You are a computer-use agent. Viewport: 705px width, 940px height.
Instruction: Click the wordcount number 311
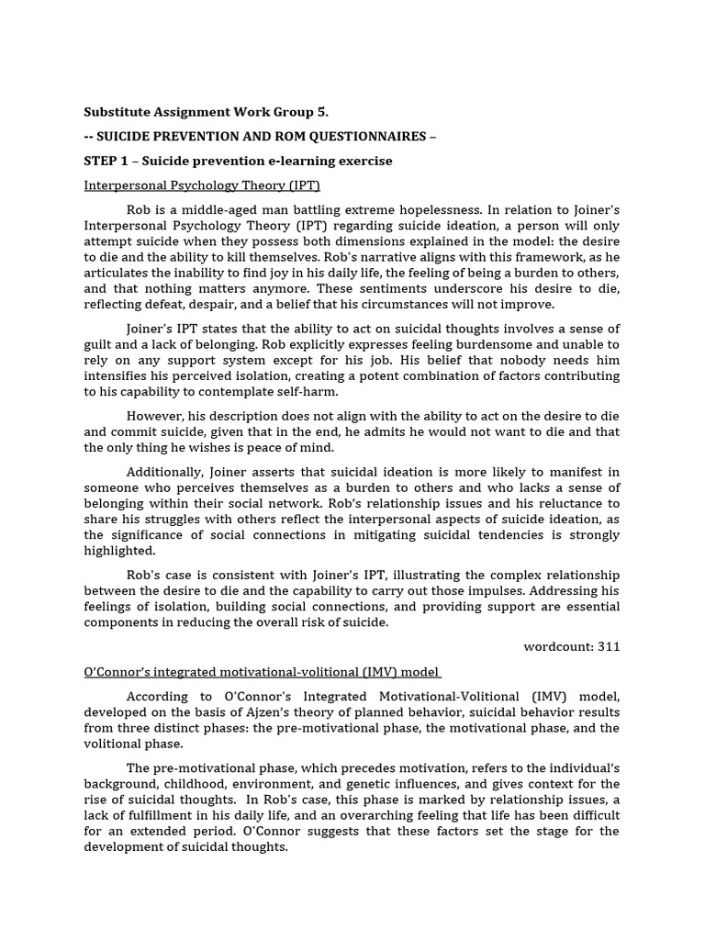click(609, 646)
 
